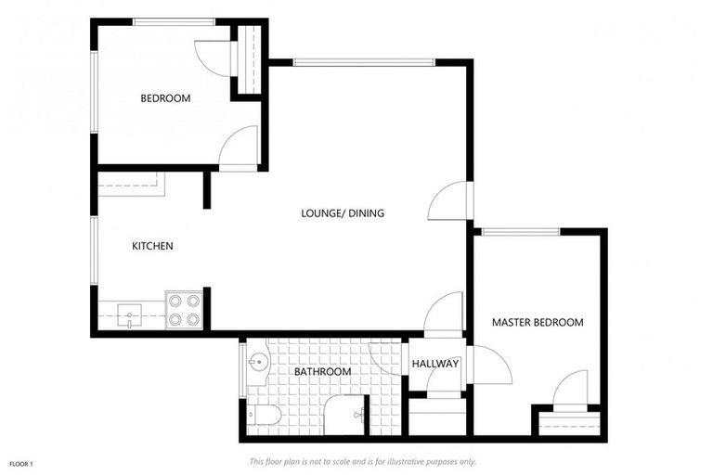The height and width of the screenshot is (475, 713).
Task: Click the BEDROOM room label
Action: click(165, 98)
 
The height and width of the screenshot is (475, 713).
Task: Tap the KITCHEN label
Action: click(152, 246)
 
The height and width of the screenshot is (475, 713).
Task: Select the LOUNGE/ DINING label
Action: click(343, 212)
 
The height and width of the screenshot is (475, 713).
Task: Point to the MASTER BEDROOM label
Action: click(538, 322)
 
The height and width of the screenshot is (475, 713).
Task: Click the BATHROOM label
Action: click(322, 372)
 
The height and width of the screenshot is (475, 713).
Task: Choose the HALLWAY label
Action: click(435, 364)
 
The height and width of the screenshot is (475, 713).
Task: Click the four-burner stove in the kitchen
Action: click(184, 310)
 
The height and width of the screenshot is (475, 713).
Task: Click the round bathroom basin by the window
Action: click(258, 362)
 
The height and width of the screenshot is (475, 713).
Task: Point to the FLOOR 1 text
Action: click(21, 464)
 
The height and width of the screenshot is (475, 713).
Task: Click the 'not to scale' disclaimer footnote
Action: click(362, 462)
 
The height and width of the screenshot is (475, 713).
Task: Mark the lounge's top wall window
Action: click(364, 63)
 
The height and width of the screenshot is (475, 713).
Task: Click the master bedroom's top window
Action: click(521, 232)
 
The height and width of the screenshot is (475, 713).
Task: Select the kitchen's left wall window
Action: click(94, 250)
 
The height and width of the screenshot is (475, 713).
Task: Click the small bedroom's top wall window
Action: click(175, 22)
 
